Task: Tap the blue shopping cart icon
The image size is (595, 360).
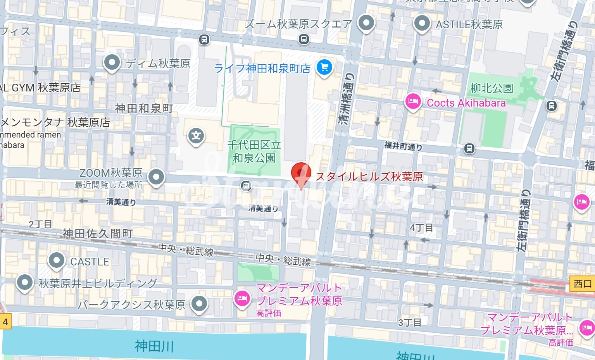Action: coord(324,67)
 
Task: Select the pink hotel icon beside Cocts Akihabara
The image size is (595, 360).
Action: coord(413,102)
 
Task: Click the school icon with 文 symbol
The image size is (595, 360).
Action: coord(196,136)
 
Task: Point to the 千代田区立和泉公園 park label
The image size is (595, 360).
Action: coord(254,152)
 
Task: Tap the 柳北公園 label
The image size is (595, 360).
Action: coord(492,88)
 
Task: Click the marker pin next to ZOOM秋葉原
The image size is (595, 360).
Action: coord(156,177)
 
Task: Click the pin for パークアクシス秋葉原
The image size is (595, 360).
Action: coord(199,303)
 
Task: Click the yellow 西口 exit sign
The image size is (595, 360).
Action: coord(582,284)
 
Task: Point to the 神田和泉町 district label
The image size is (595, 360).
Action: coord(144,109)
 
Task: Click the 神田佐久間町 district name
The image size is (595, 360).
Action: coord(98,233)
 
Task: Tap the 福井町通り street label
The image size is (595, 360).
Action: coord(403,146)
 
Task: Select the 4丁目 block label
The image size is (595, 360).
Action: coord(421,227)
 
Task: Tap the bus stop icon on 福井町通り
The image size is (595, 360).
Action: coord(469,148)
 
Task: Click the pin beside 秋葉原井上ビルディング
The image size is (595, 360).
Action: coord(25,282)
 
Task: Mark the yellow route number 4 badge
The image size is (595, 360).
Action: coord(5,322)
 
